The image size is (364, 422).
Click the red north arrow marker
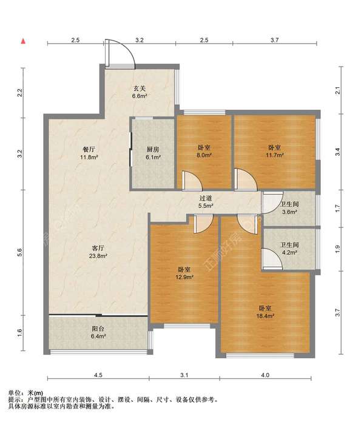(x=24, y=41)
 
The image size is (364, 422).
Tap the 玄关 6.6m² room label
(x=140, y=92)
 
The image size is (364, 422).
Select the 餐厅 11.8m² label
(x=89, y=153)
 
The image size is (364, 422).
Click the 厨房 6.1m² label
(x=153, y=153)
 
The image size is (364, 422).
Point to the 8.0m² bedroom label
(x=204, y=151)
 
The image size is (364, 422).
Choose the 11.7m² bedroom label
(x=275, y=151)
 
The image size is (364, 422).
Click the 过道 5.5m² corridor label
(x=206, y=202)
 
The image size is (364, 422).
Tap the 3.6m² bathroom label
(x=289, y=208)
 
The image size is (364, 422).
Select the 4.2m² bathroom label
(x=289, y=249)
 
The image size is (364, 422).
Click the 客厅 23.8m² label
(x=98, y=252)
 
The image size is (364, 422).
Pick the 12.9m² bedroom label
(x=184, y=273)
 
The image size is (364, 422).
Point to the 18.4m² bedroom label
(x=265, y=312)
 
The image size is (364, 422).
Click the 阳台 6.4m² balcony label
(x=98, y=332)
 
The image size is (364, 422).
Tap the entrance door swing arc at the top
(x=127, y=48)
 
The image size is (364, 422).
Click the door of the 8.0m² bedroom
(x=192, y=181)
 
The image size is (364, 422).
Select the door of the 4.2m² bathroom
(x=272, y=259)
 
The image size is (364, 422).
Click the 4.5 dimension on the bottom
(x=98, y=375)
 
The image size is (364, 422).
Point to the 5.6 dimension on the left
(x=19, y=252)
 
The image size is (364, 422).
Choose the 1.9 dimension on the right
(x=338, y=249)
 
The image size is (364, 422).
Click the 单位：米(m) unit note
(x=26, y=394)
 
